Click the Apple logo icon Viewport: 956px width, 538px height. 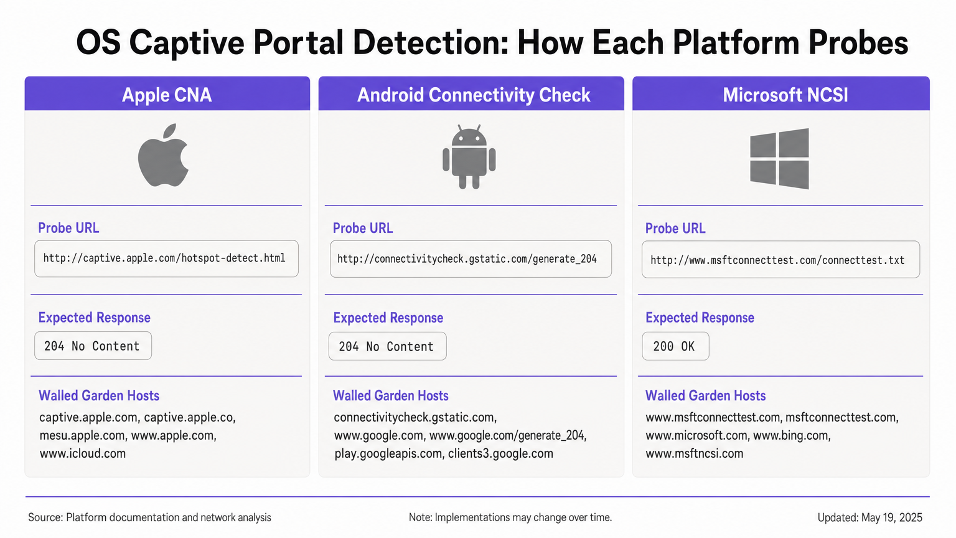click(163, 156)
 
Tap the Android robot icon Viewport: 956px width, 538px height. click(469, 158)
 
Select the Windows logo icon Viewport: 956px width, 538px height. click(779, 158)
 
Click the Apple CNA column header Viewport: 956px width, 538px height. click(167, 95)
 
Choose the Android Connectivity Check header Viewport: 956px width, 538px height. click(473, 95)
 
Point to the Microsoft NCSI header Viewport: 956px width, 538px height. click(785, 95)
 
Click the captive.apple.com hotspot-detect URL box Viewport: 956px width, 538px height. click(166, 258)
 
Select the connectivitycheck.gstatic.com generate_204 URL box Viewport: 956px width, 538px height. click(470, 259)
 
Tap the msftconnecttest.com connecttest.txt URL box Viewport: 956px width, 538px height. click(780, 260)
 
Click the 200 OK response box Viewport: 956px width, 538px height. click(675, 347)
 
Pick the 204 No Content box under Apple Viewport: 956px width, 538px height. click(93, 346)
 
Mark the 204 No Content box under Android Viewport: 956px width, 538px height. click(387, 347)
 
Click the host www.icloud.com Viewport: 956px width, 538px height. click(83, 453)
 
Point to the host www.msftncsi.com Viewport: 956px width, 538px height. click(694, 453)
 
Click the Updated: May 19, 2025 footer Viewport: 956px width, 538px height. click(869, 517)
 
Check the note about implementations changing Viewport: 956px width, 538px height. click(510, 517)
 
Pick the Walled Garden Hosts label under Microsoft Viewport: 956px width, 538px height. click(705, 396)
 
